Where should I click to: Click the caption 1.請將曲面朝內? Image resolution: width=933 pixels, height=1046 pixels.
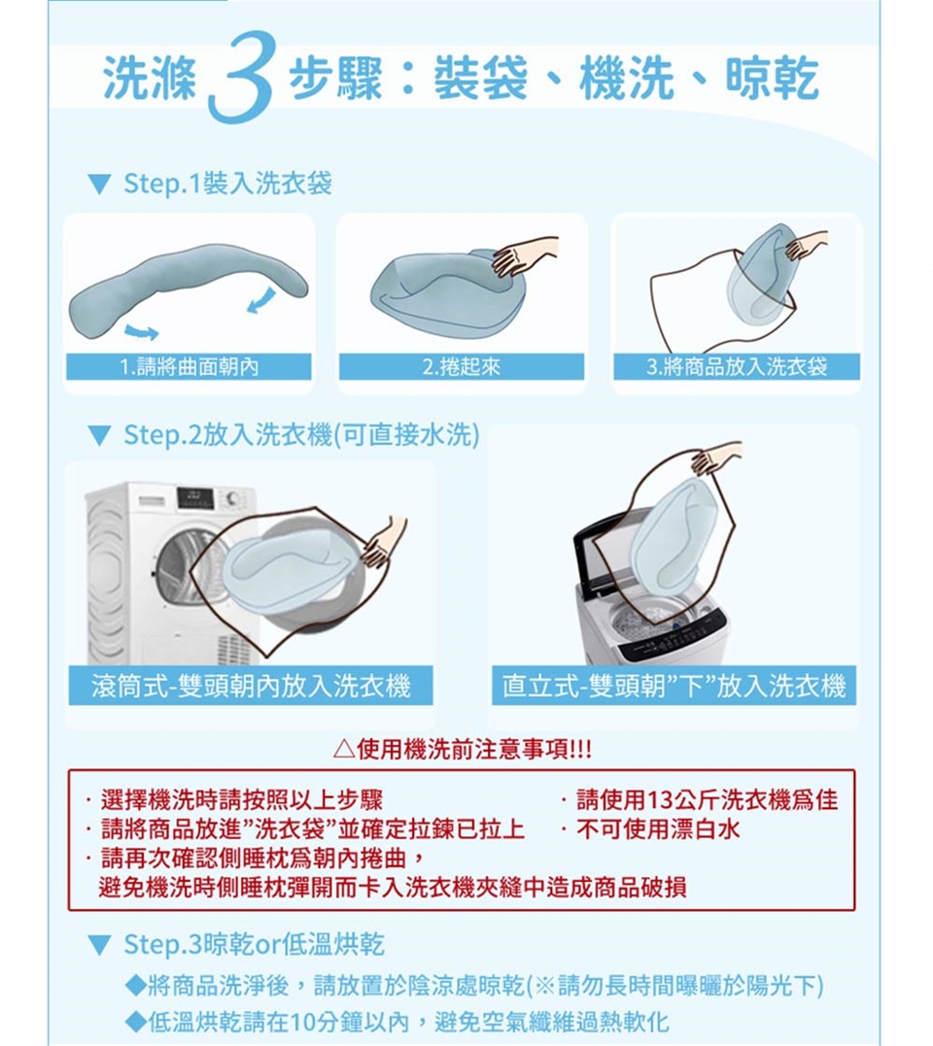point(189,366)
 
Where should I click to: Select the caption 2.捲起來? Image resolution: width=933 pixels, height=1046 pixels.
point(462,366)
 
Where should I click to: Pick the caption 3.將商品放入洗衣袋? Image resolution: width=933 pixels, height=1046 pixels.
point(736,366)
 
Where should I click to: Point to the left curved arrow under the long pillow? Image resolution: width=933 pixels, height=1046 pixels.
point(142,331)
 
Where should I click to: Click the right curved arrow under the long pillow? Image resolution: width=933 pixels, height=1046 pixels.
point(261,298)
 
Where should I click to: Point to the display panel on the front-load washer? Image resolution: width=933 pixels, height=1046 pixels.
point(195,497)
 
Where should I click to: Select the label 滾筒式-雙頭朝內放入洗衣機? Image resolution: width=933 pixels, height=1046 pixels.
point(251,686)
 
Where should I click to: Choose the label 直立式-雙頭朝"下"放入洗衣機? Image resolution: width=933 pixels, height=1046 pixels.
point(674,686)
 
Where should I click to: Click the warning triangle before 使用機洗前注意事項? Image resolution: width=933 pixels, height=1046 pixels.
point(343,750)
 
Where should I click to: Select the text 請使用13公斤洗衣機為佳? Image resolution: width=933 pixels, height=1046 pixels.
point(707,798)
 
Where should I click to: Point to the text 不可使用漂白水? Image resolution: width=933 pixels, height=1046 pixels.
point(658,829)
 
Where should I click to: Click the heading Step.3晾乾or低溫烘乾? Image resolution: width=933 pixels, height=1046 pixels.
point(255,944)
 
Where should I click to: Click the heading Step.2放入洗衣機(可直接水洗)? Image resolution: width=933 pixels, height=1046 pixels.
point(301,435)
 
